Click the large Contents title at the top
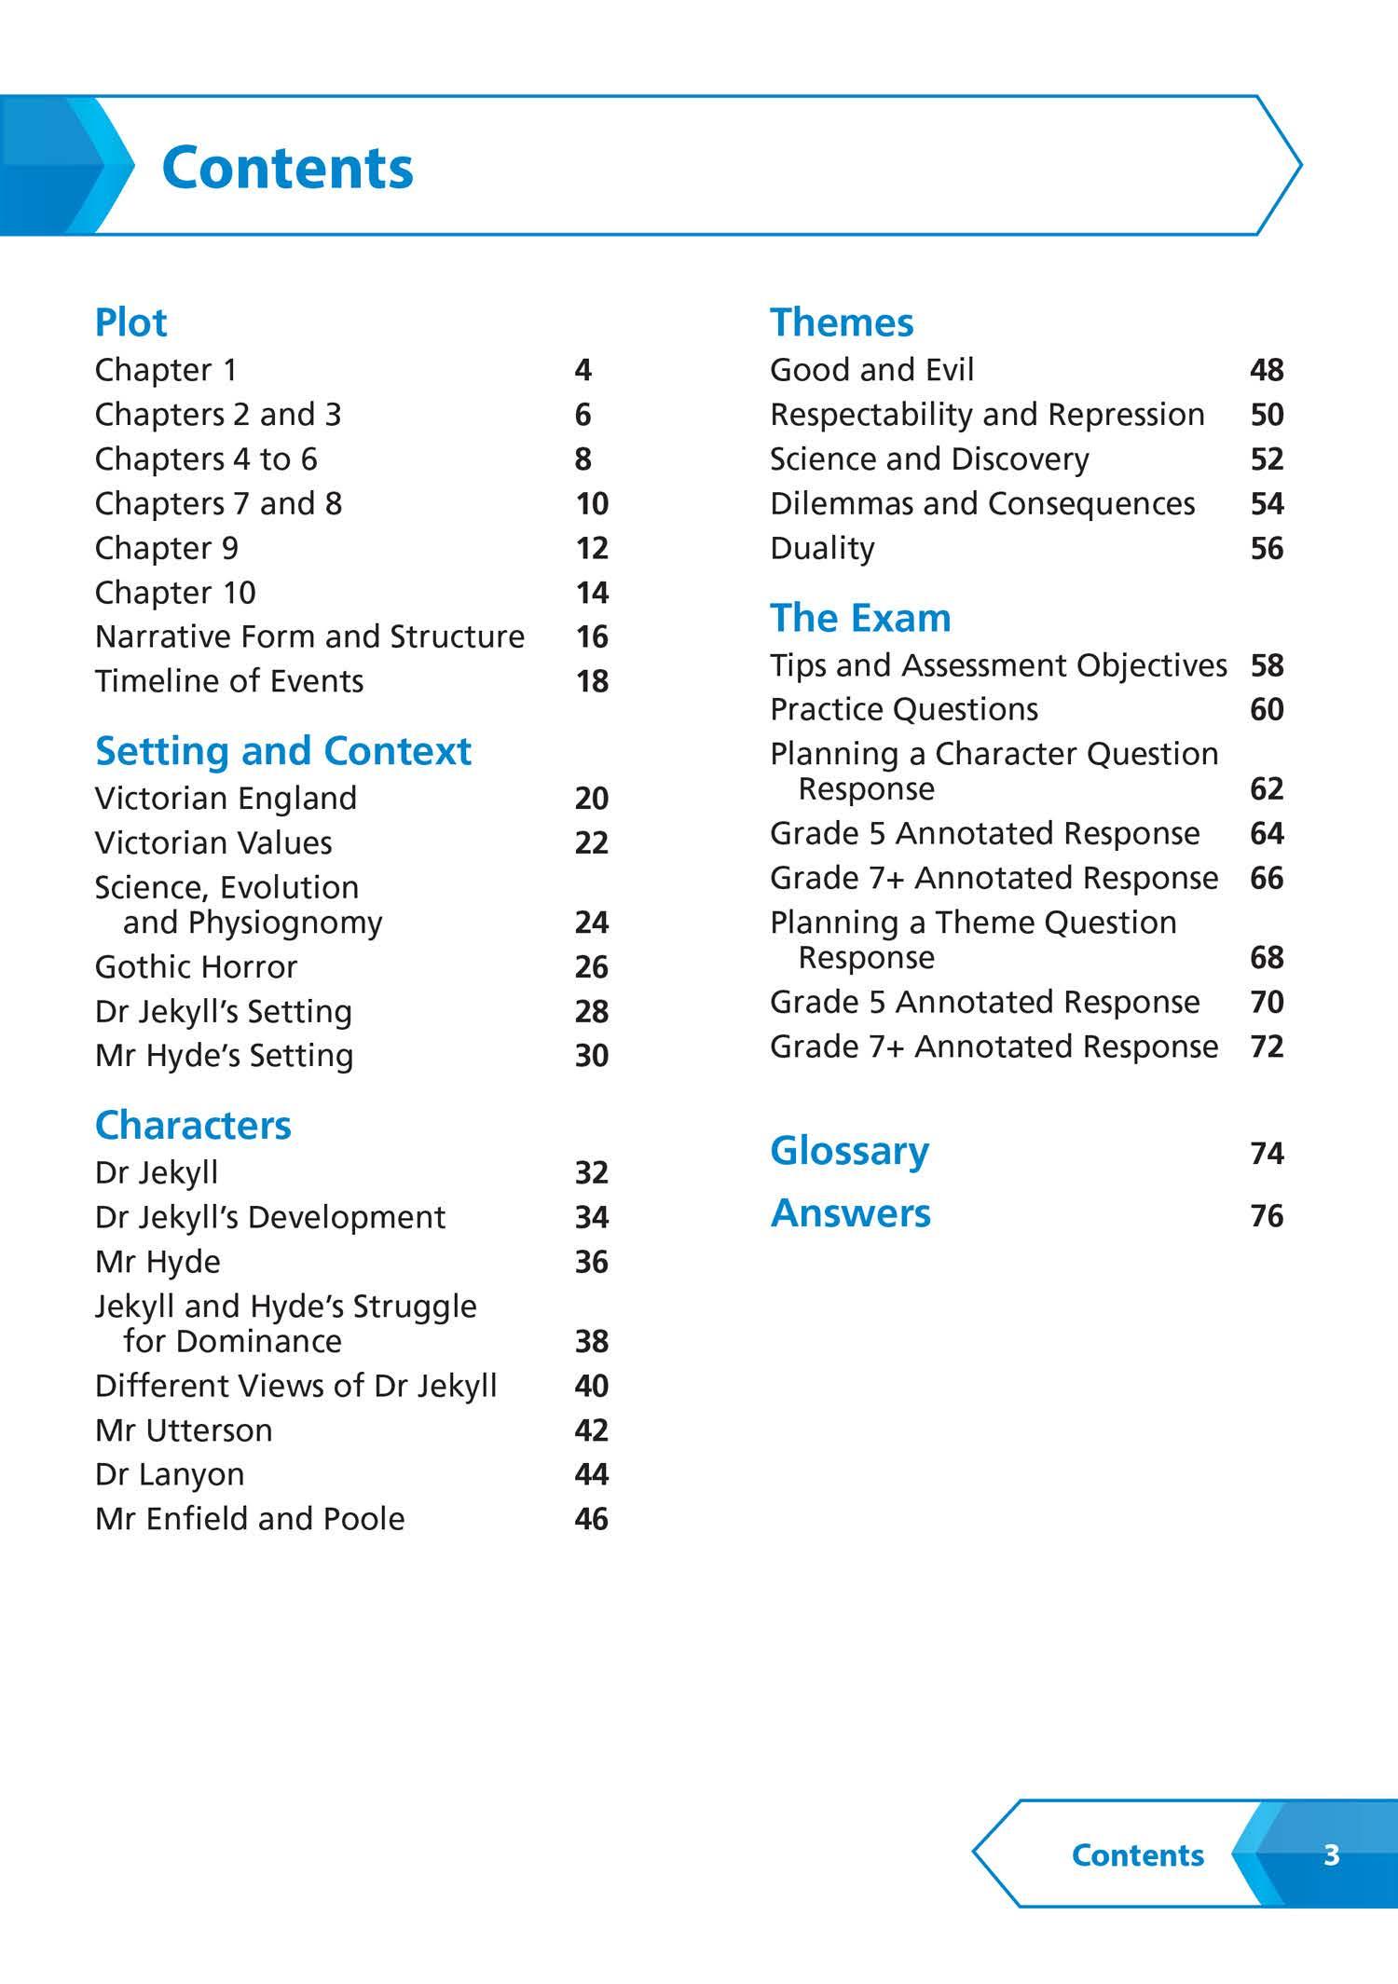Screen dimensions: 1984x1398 (x=287, y=168)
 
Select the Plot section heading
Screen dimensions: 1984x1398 (x=130, y=322)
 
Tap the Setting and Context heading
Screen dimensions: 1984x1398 (x=282, y=751)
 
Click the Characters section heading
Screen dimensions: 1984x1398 (x=193, y=1126)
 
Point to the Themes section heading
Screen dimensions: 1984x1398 (x=841, y=322)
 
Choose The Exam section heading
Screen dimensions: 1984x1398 (x=859, y=618)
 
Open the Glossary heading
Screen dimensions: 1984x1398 (x=849, y=1151)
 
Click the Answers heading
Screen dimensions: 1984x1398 (x=850, y=1213)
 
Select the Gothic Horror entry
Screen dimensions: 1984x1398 (x=196, y=967)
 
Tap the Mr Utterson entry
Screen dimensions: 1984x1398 (x=184, y=1430)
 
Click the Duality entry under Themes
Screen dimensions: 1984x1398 (x=822, y=548)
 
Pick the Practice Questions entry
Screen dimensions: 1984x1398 (x=903, y=709)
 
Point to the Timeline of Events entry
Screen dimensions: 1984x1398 (x=229, y=681)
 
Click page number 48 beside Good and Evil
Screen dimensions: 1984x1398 (x=1267, y=370)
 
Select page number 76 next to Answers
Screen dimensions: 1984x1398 (x=1267, y=1215)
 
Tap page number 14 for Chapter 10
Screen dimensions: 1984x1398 (x=592, y=593)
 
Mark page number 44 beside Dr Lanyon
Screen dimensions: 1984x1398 (x=592, y=1474)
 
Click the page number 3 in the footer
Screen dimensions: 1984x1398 (x=1331, y=1854)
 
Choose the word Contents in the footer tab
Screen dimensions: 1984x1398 (x=1137, y=1854)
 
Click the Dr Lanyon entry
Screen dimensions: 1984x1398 (x=170, y=1474)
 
